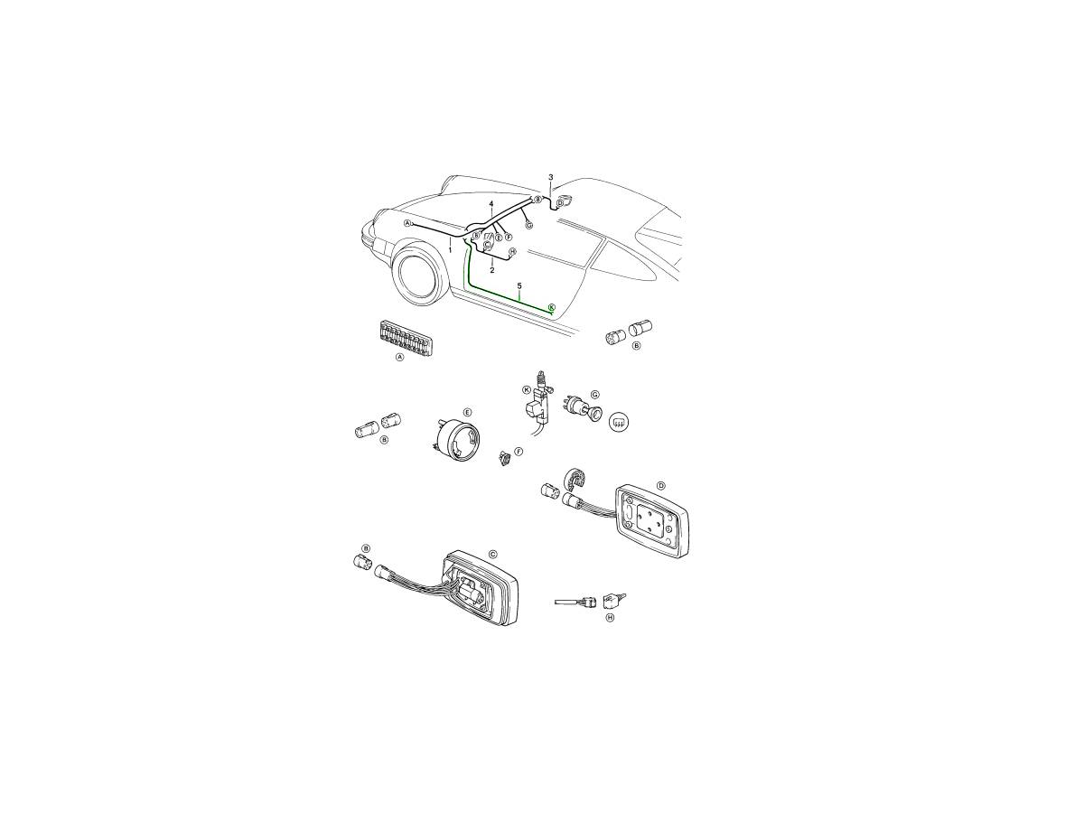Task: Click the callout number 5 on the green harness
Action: pos(519,285)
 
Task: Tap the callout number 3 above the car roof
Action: pos(551,177)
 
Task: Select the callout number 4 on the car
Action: pos(491,204)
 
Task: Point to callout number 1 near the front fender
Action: pos(450,250)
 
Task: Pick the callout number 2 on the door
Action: pos(492,270)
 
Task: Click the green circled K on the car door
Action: pos(552,307)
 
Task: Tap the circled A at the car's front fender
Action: pos(407,223)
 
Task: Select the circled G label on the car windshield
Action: pos(529,225)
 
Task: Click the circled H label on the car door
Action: pos(512,252)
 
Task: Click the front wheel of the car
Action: pos(417,274)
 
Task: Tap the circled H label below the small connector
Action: pos(610,618)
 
